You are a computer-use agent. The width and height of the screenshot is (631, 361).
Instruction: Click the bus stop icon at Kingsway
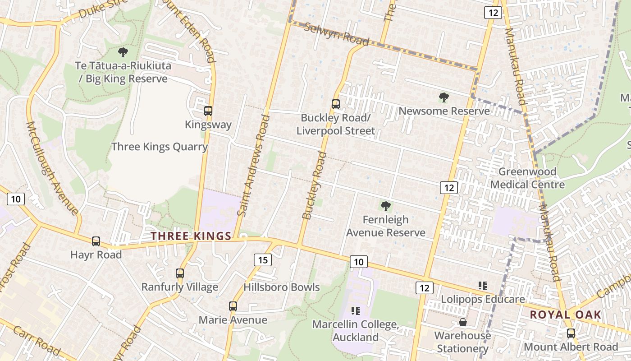(x=208, y=111)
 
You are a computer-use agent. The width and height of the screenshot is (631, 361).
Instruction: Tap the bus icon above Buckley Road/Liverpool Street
(x=335, y=104)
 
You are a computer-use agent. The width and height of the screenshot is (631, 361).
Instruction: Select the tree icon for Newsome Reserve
(x=444, y=97)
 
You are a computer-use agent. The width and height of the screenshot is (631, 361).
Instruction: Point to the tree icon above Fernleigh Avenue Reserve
(x=385, y=206)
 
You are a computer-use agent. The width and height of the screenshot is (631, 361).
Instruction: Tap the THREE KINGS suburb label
(x=191, y=236)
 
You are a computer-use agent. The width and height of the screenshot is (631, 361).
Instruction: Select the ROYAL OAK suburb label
(x=565, y=315)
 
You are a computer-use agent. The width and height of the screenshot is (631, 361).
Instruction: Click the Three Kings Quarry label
(x=159, y=147)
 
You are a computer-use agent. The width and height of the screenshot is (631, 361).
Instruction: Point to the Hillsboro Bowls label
(x=281, y=287)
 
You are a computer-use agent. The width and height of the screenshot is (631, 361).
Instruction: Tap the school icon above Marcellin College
(x=355, y=310)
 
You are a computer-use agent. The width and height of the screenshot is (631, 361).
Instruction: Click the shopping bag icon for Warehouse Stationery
(x=462, y=322)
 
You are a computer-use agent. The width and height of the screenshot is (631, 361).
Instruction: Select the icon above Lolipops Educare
(x=483, y=286)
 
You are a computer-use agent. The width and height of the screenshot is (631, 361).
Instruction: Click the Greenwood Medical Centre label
(x=527, y=178)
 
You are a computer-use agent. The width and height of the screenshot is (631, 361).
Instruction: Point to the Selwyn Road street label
(x=336, y=34)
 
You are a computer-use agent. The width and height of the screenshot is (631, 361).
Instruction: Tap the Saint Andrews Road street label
(x=254, y=165)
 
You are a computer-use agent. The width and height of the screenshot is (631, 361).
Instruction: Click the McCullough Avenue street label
(x=52, y=167)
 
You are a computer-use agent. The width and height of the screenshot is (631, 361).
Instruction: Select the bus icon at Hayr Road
(x=96, y=241)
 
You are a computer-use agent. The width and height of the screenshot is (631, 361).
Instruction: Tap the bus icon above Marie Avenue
(x=233, y=306)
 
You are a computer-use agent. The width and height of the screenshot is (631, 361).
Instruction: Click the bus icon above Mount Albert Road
(x=571, y=333)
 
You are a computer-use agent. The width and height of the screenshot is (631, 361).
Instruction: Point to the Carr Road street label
(x=37, y=340)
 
